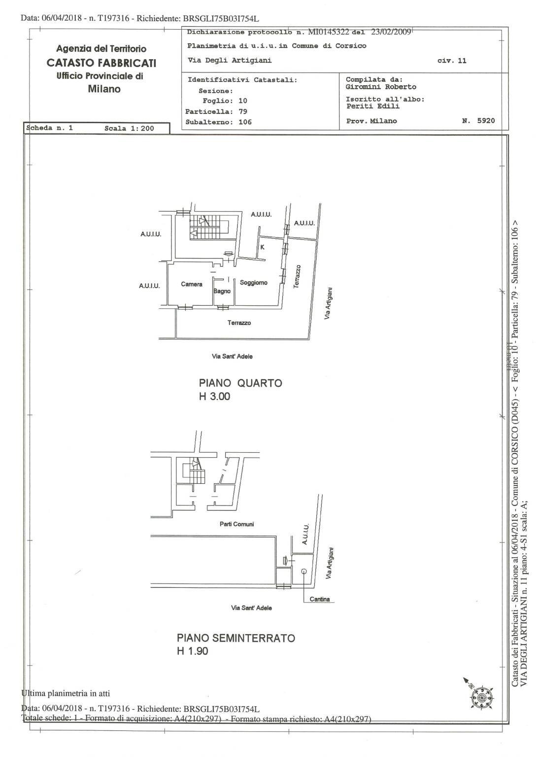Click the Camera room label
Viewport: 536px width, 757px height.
192,284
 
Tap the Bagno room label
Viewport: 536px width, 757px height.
222,291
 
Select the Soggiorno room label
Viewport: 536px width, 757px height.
253,283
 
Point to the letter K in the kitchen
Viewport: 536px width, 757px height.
262,247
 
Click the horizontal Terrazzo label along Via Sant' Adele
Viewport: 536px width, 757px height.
239,323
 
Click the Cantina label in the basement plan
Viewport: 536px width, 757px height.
319,599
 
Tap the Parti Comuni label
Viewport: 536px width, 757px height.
236,524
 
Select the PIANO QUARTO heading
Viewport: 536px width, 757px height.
240,383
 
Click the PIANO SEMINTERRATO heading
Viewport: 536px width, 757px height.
236,638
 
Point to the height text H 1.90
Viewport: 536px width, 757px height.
193,651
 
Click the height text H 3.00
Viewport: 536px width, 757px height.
214,397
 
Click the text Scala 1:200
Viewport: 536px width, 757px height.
129,128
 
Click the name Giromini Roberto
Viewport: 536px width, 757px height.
380,87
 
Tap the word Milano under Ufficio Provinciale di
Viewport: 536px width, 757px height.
104,89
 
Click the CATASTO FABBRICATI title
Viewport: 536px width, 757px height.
101,63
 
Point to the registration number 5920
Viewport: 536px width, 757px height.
485,120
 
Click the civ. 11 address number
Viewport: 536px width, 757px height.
451,61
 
